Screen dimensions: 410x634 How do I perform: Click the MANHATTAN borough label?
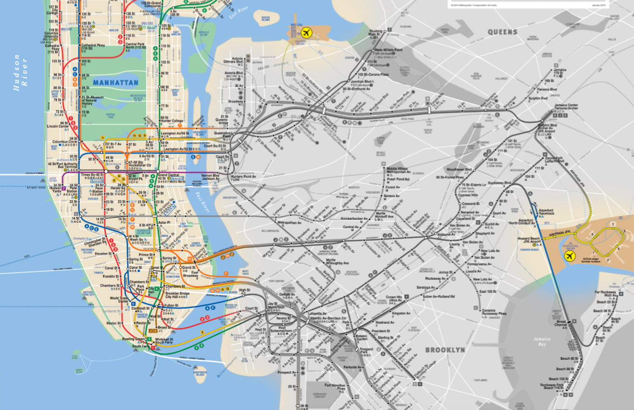coord(115,83)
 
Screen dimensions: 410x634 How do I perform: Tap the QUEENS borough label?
coord(502,32)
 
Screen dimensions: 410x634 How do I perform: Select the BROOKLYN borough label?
coord(445,350)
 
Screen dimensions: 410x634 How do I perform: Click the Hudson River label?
coord(20,73)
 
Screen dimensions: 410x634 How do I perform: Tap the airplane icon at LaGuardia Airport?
coord(306,33)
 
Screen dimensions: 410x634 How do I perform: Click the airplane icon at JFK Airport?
coord(570,256)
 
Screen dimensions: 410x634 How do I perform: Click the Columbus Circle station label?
coord(65,142)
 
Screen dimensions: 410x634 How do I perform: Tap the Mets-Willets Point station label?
coord(388,50)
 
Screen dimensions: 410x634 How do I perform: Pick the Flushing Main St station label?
coord(376,33)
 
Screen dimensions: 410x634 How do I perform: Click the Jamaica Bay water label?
coord(542,341)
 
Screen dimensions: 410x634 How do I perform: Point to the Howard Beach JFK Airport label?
coord(529,240)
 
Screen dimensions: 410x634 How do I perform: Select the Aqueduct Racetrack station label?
coord(546,212)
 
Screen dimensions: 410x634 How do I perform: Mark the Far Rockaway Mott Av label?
coord(605,293)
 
